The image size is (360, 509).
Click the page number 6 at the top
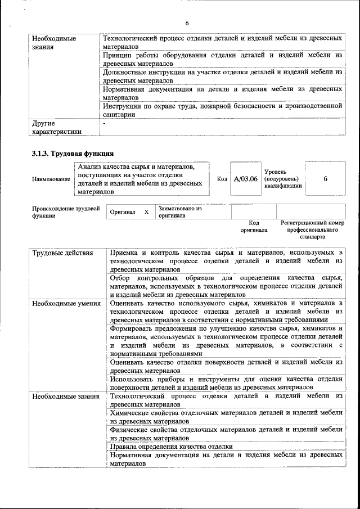187,22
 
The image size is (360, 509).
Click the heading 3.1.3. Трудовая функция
73,153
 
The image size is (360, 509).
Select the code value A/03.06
246,179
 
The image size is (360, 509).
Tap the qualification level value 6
326,179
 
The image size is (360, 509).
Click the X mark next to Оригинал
146,212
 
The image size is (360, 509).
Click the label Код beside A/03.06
222,179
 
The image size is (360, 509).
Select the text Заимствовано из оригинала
180,211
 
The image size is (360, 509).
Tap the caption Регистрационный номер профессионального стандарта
312,230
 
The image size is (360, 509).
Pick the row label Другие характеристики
57,127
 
